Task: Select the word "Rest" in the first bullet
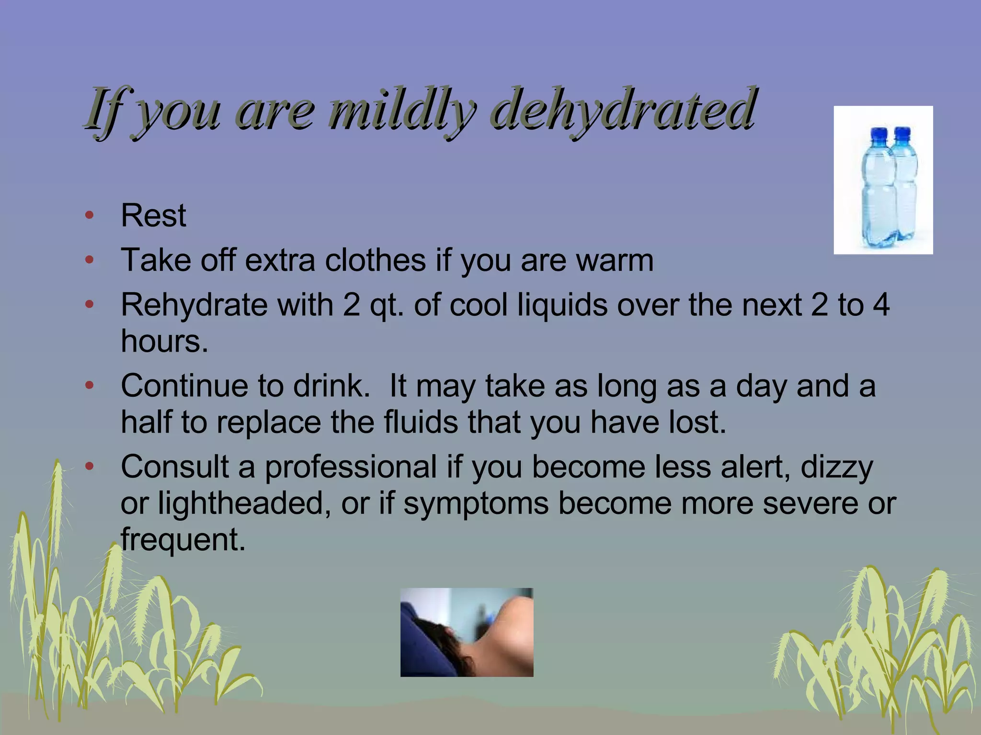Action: click(x=153, y=215)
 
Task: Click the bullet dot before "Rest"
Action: click(x=89, y=215)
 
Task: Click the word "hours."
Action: click(x=164, y=341)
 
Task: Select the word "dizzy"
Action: click(x=837, y=467)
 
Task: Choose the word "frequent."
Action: click(x=183, y=540)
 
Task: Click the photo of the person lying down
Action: click(x=467, y=632)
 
